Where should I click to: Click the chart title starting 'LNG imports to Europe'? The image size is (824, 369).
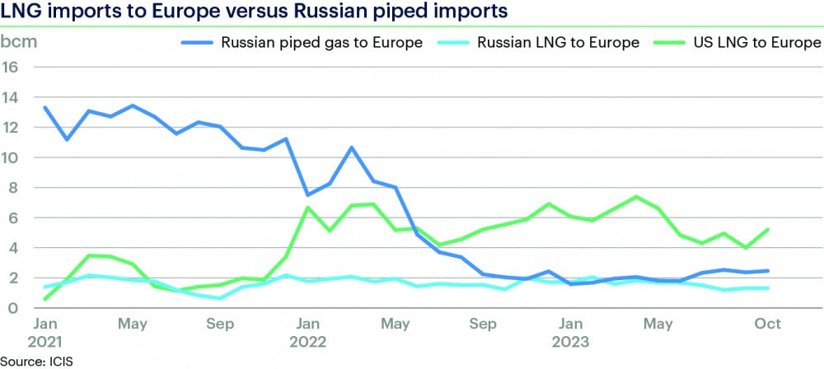coord(254,12)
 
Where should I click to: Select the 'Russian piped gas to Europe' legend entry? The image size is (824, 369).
coord(321,43)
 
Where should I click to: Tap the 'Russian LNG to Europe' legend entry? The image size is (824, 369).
coord(559,43)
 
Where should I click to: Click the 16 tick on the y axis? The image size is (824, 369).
coord(11,68)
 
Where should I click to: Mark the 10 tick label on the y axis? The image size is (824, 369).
coord(11,157)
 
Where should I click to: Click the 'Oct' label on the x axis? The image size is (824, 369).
coord(768,324)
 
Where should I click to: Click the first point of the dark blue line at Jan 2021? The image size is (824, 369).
coord(44,108)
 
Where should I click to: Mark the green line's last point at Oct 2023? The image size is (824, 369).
coord(768,230)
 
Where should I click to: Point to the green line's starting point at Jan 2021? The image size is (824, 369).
coord(44,299)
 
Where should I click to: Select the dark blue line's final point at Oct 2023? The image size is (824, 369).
coord(768,271)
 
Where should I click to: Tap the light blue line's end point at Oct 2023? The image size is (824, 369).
coord(768,288)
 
